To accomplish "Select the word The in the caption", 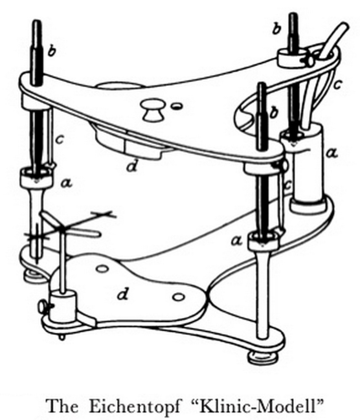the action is pos(62,406).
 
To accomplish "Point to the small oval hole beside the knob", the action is pos(176,106).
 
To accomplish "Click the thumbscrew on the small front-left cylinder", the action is pos(44,307).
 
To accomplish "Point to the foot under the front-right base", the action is pos(262,357).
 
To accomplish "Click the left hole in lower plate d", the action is pos(102,268).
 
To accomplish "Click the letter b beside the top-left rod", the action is pos(52,51).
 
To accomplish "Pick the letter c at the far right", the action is pos(337,84).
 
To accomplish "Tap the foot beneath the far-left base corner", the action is pos(34,276).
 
